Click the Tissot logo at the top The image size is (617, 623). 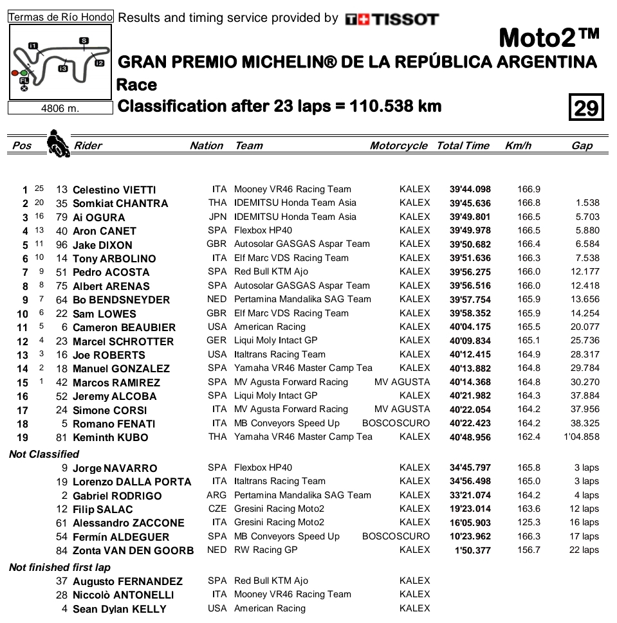click(x=392, y=19)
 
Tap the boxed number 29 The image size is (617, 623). click(x=586, y=107)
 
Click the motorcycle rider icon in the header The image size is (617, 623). click(x=58, y=144)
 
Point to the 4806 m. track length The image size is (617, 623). click(x=60, y=109)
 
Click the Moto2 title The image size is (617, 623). click(x=549, y=39)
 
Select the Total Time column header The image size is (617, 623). click(x=463, y=146)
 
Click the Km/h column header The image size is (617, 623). click(x=518, y=146)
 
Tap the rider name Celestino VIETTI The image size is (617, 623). click(x=114, y=190)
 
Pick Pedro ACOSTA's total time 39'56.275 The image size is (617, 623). click(x=470, y=272)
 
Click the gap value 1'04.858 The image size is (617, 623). click(x=582, y=437)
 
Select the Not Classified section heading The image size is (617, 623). click(x=44, y=454)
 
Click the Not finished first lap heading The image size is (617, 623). click(x=60, y=567)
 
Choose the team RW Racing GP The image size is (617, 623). click(x=266, y=550)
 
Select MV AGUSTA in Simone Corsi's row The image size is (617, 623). click(x=402, y=409)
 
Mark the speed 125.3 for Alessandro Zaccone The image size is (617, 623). click(x=529, y=523)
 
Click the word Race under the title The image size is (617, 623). click(x=136, y=85)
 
